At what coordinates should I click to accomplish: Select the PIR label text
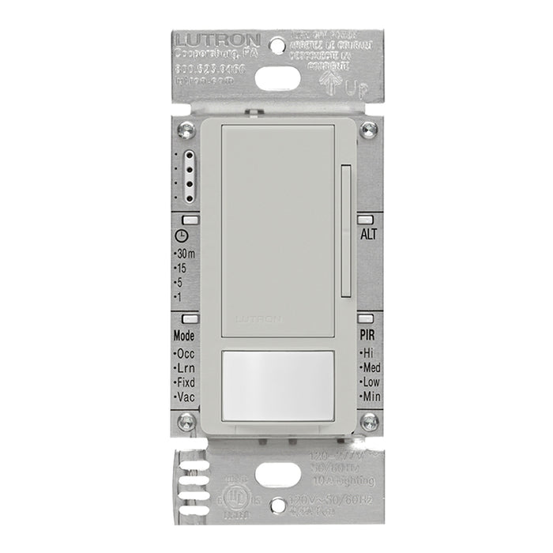tap(368, 335)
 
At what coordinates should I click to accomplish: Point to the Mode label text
tap(184, 335)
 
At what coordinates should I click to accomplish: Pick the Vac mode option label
tap(186, 396)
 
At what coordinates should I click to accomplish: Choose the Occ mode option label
tap(186, 353)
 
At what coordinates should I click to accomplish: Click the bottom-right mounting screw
tap(369, 420)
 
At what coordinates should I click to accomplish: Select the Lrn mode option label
tap(186, 367)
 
